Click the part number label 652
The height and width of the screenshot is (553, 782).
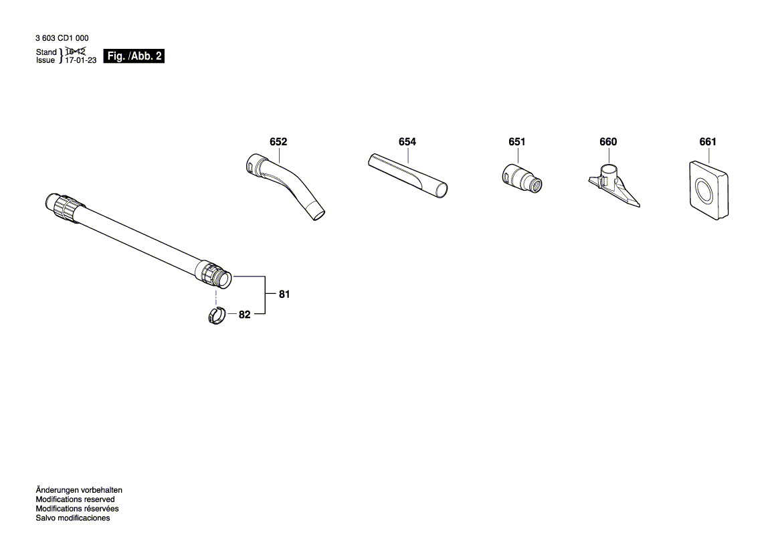278,142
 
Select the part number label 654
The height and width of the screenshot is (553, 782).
407,142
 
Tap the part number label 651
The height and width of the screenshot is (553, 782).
517,142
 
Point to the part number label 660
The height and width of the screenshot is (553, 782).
608,142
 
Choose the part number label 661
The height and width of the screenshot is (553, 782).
707,142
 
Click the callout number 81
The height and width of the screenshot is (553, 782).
284,295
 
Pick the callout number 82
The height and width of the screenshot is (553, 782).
244,315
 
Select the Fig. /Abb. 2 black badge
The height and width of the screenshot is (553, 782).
134,56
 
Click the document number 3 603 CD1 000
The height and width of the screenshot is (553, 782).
62,39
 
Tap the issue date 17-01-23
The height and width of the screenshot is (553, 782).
81,60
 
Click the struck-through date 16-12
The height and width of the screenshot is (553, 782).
76,52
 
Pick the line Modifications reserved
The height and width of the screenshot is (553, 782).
75,499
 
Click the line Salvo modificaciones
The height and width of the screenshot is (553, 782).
72,518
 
